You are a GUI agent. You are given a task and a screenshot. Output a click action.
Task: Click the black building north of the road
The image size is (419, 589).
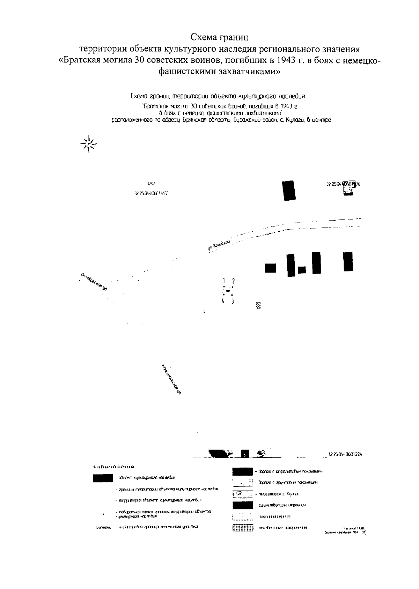pyautogui.click(x=289, y=191)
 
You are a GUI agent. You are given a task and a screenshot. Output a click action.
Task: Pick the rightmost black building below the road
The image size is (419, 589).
pyautogui.click(x=348, y=261)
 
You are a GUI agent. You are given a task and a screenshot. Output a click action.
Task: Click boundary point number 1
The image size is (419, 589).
pyautogui.click(x=223, y=281)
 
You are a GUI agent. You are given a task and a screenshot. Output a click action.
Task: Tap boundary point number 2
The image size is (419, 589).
pyautogui.click(x=233, y=281)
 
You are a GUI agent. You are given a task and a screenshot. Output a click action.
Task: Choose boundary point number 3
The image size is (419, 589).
pyautogui.click(x=233, y=301)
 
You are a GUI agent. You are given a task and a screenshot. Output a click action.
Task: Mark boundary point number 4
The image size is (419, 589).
pyautogui.click(x=223, y=301)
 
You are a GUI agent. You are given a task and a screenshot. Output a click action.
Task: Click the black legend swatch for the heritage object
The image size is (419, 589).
pyautogui.click(x=103, y=478)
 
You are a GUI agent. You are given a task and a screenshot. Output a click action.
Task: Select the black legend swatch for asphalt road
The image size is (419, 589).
pyautogui.click(x=242, y=472)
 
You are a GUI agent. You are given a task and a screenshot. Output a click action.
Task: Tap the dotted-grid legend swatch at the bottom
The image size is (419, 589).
pyautogui.click(x=242, y=528)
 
